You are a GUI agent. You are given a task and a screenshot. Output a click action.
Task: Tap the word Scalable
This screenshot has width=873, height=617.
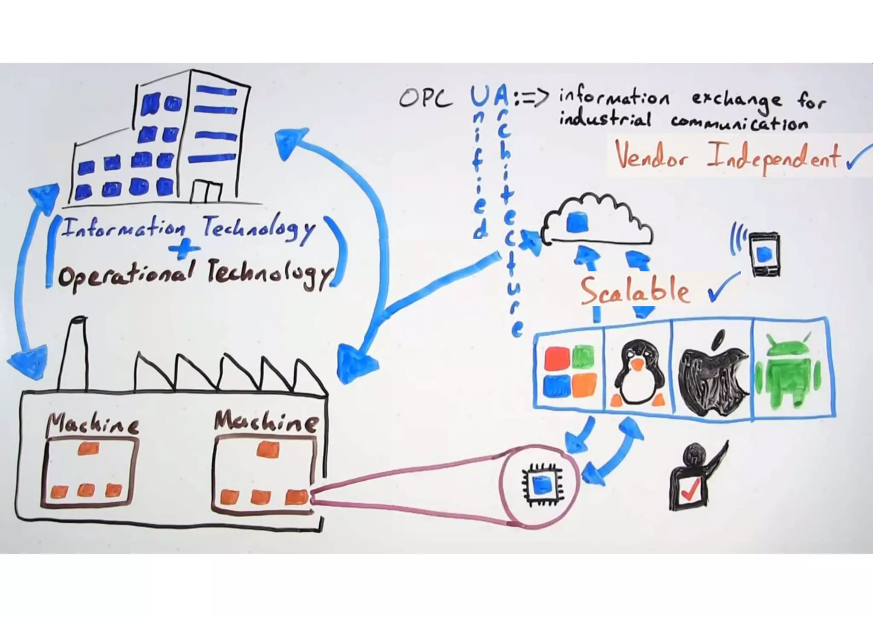[635, 291]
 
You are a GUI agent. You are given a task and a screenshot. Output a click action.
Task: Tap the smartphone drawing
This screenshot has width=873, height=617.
[765, 254]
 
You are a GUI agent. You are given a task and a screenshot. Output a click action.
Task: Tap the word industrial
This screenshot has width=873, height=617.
[605, 120]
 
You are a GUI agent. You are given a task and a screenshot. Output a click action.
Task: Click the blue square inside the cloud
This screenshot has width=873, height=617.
[578, 222]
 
